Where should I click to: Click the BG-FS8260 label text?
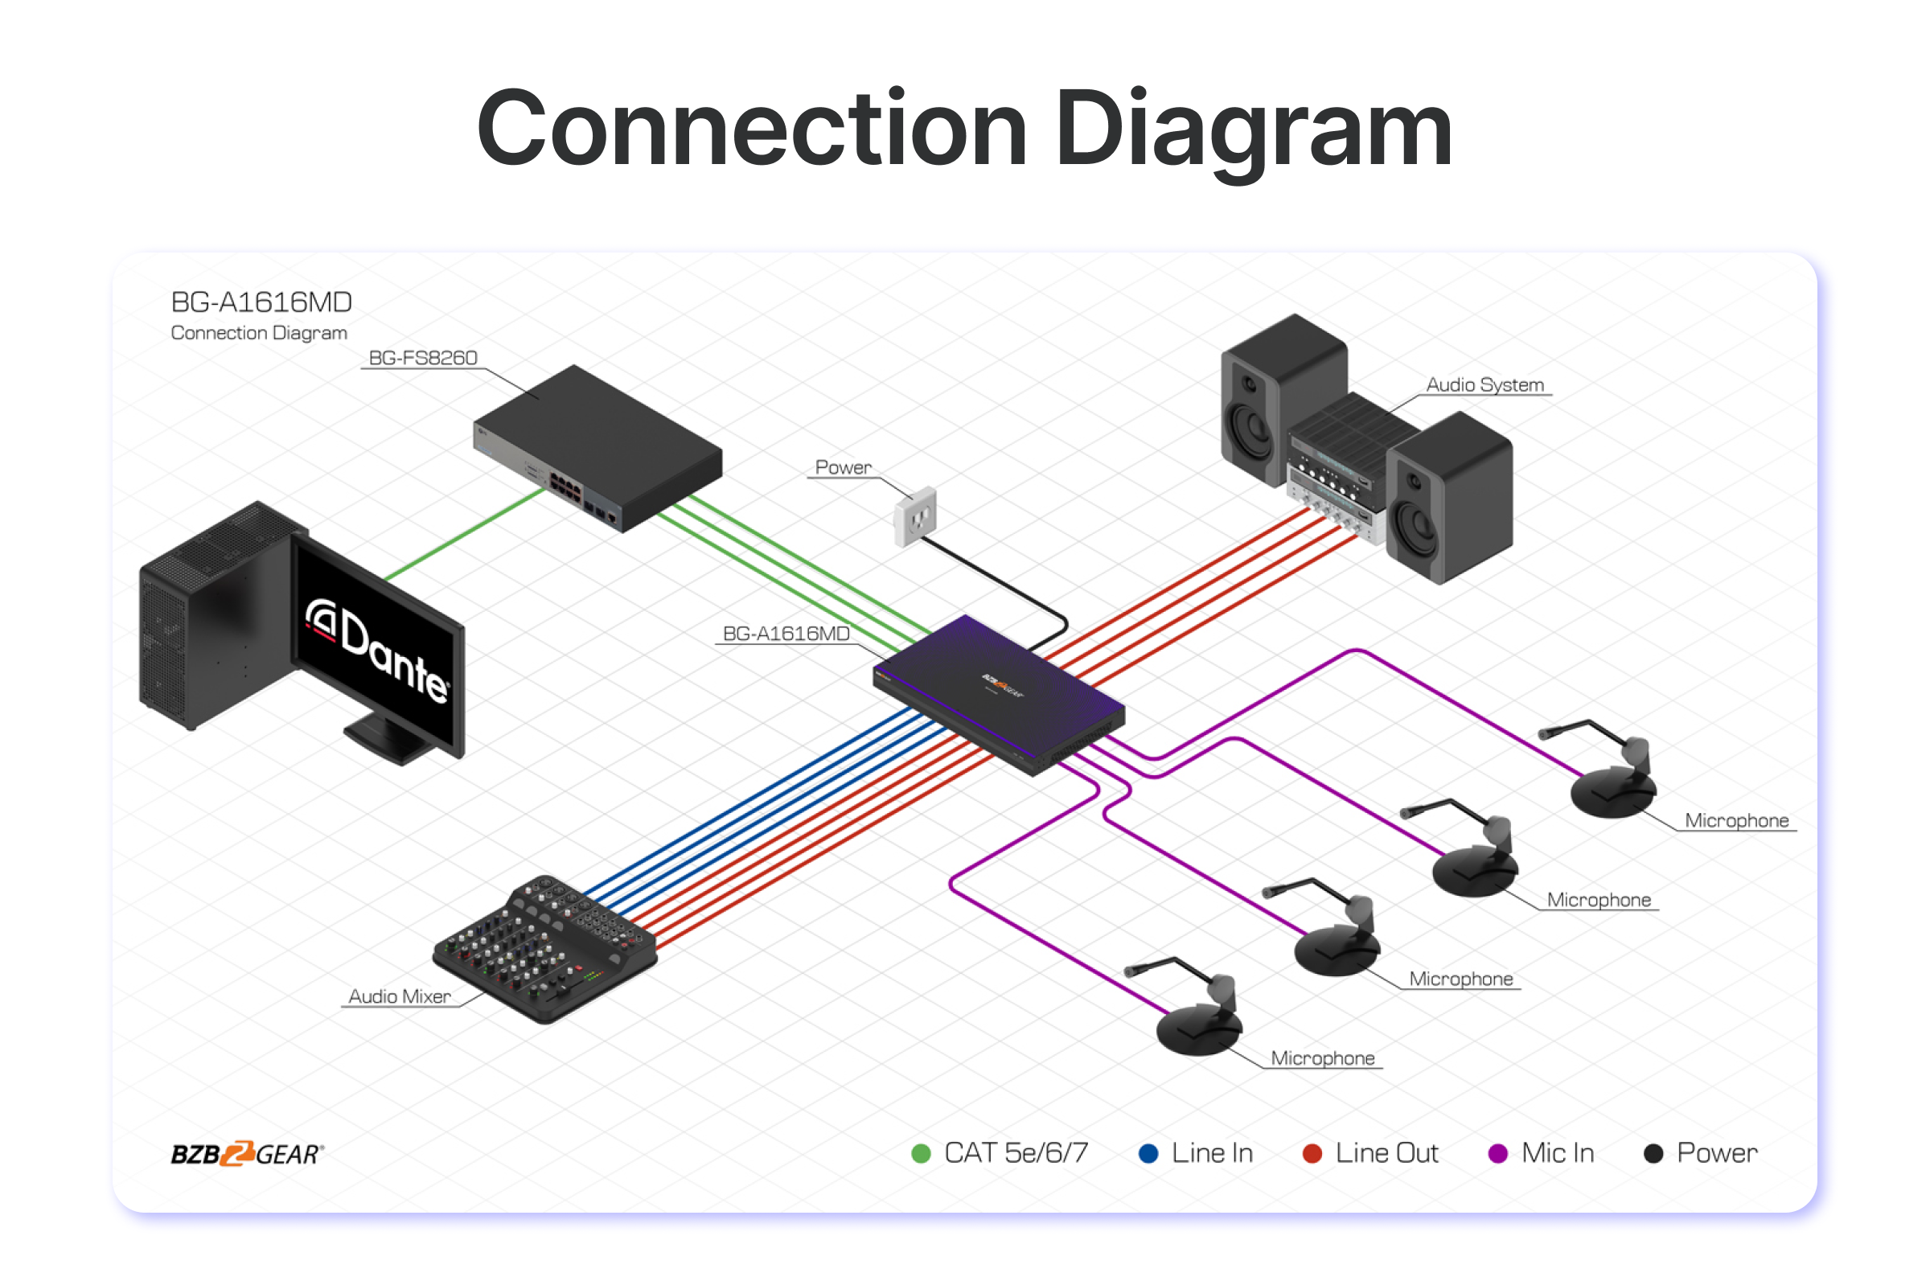[423, 358]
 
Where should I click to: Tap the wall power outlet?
[915, 515]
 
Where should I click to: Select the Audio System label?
[1484, 384]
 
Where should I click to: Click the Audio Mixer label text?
[399, 996]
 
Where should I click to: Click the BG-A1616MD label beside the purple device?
[786, 633]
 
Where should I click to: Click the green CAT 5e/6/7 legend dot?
[921, 1153]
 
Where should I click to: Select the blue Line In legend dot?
[1148, 1153]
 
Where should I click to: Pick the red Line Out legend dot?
[1312, 1153]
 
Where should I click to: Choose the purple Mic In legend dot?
[1497, 1153]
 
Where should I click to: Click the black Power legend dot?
[1653, 1153]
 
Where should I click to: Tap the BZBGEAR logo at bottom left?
[247, 1153]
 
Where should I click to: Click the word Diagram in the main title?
[1253, 130]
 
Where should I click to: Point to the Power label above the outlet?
[843, 467]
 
